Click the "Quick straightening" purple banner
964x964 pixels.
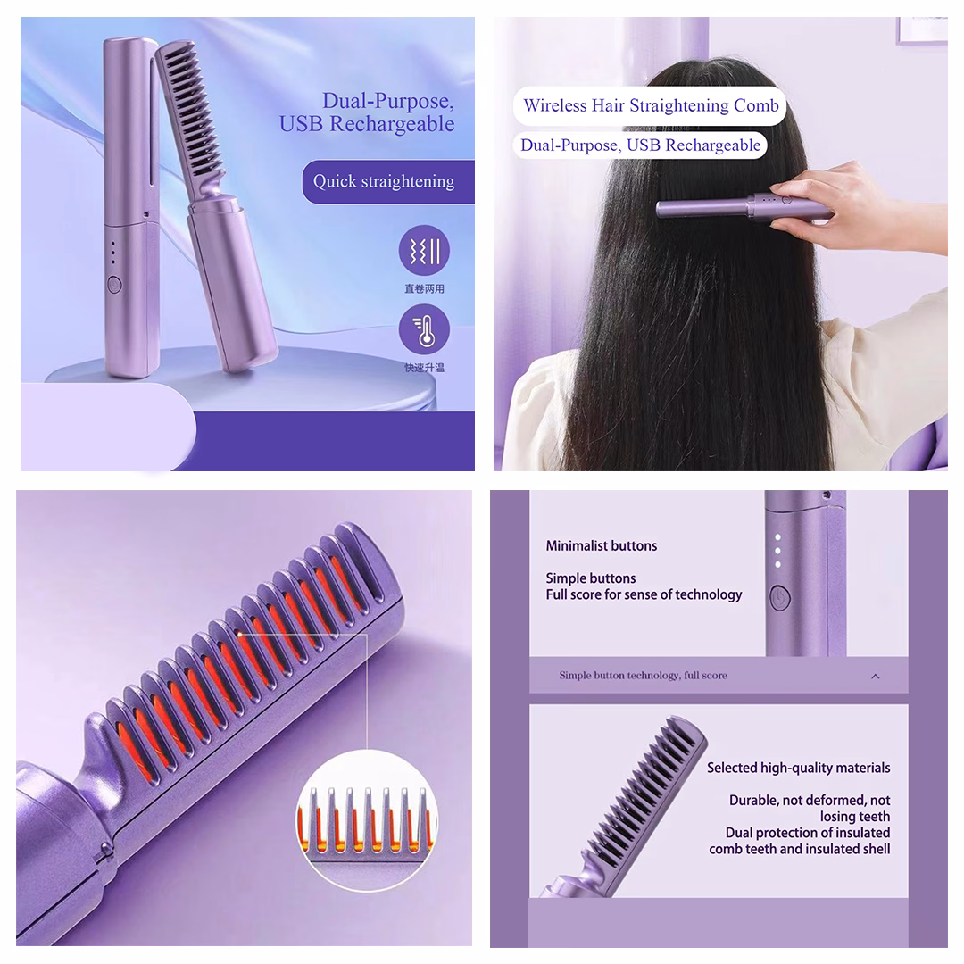(x=388, y=182)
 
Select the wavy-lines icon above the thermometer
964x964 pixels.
(x=424, y=251)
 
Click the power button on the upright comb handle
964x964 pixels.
(x=114, y=284)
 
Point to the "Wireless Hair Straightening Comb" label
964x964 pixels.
(x=651, y=105)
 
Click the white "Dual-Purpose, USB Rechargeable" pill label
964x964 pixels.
(x=640, y=145)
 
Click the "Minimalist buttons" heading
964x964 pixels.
(x=602, y=546)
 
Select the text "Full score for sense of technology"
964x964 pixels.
(x=644, y=594)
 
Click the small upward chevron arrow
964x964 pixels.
(x=876, y=677)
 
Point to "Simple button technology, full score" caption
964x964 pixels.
(x=643, y=675)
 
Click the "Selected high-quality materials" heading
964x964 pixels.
(x=799, y=768)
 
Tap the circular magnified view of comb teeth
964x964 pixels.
(x=367, y=820)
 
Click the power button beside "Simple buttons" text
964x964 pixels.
(x=780, y=597)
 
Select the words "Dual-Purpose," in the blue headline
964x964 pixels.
(x=388, y=101)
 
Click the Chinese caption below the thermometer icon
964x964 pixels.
(x=424, y=368)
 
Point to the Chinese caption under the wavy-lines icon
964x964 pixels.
(x=424, y=289)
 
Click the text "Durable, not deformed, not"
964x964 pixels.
(x=810, y=801)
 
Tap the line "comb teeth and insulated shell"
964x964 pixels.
(x=799, y=849)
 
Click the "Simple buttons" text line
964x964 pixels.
(x=591, y=578)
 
